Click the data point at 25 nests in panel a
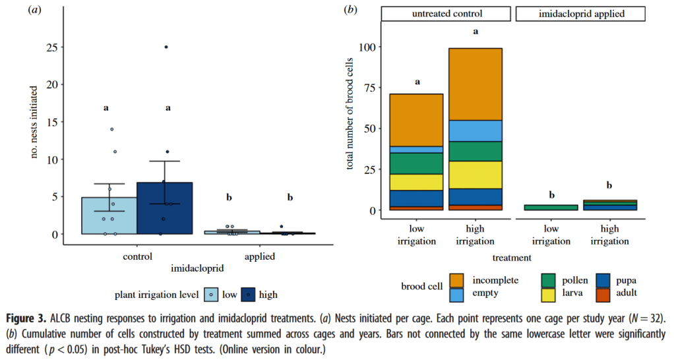(166, 47)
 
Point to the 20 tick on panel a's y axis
(53, 84)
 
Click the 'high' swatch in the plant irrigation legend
(249, 294)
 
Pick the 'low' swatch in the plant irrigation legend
(210, 294)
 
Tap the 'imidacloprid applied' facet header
(578, 13)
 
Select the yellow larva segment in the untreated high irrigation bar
(475, 175)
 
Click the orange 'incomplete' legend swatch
(456, 280)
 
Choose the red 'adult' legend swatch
(602, 293)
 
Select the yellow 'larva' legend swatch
(547, 293)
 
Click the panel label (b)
(352, 10)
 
